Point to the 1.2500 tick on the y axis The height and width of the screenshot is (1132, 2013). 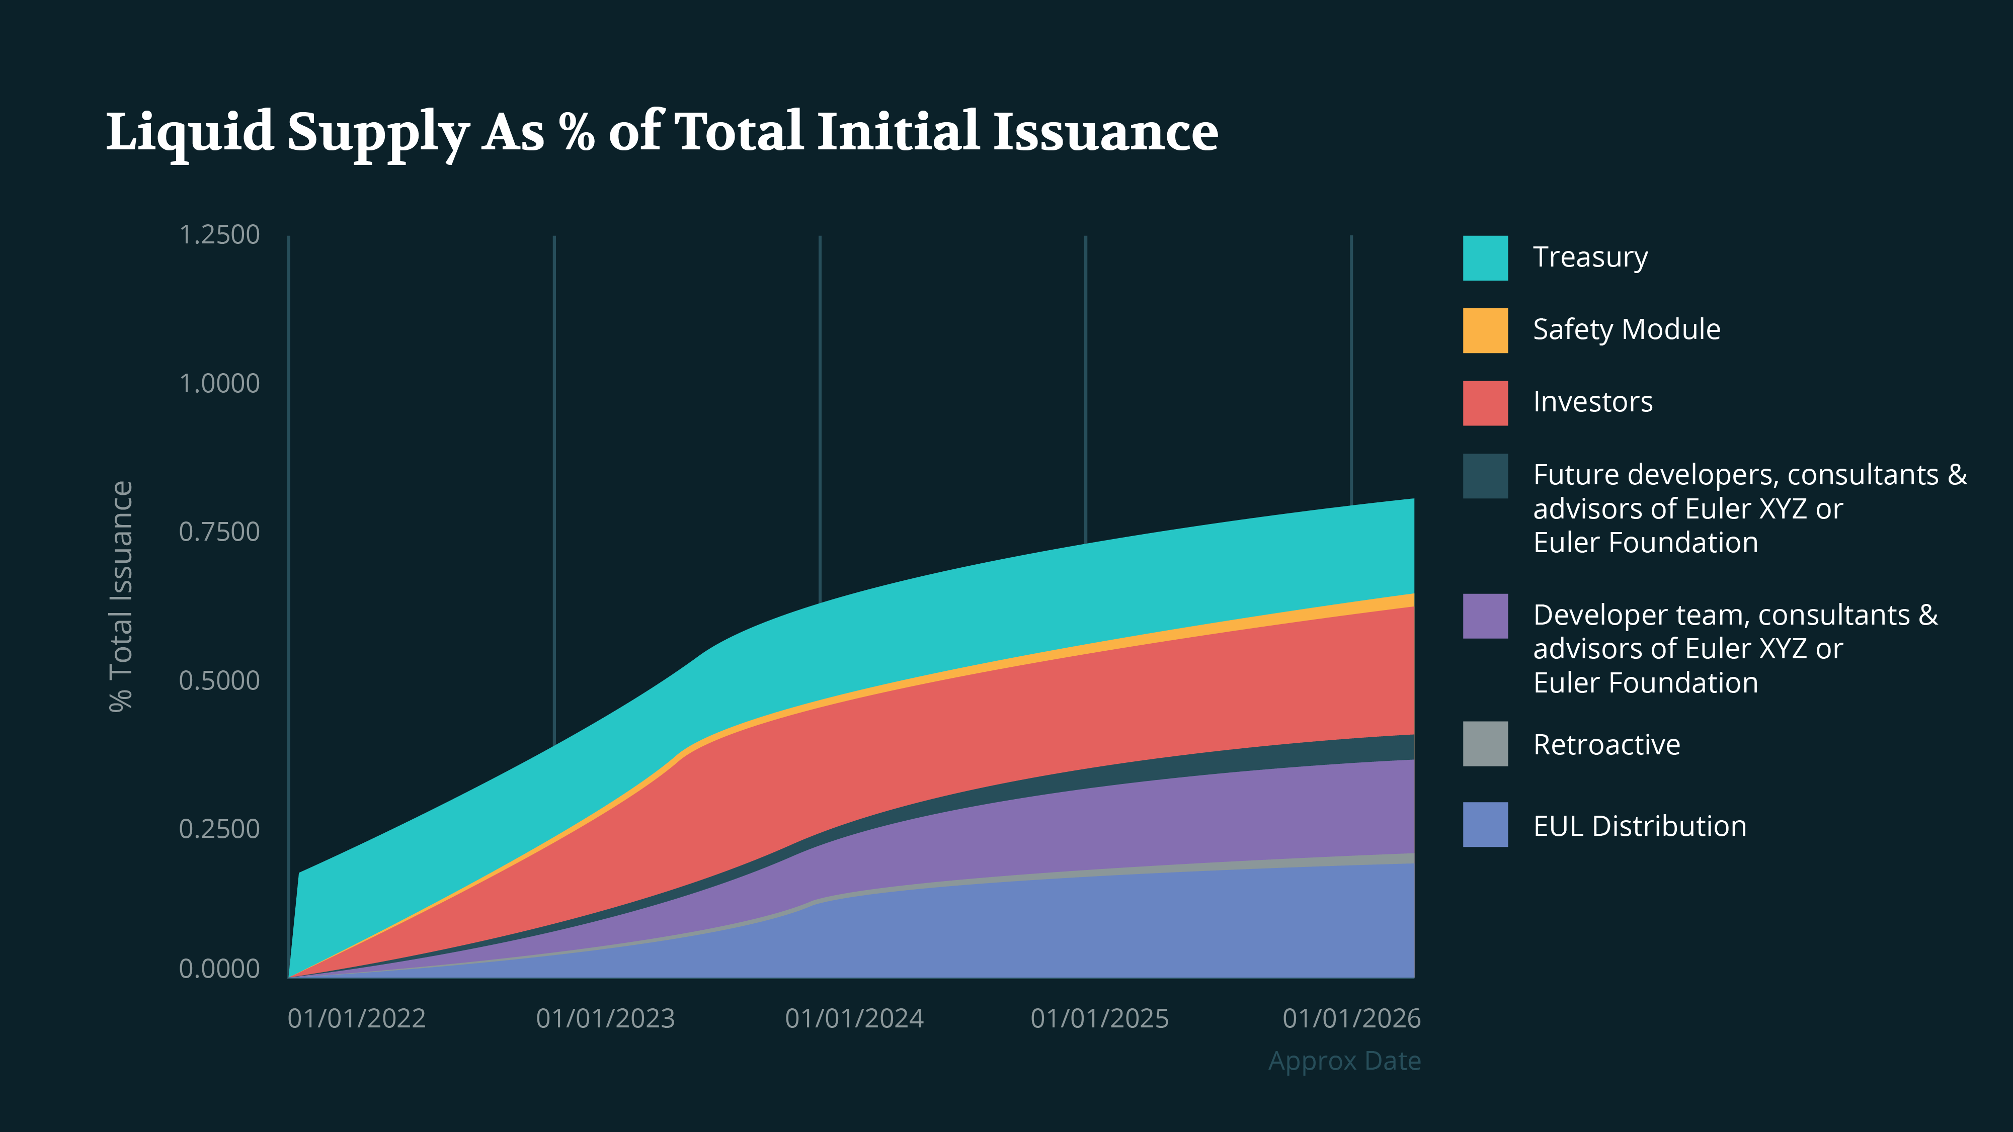click(x=219, y=235)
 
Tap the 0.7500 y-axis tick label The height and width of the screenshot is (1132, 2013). click(x=219, y=532)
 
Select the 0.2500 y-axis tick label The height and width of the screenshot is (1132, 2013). click(x=219, y=829)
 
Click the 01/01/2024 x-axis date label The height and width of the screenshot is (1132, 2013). click(x=854, y=1019)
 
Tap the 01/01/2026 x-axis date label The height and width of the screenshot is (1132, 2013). click(x=1351, y=1019)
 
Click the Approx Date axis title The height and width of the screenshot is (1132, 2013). click(x=1344, y=1061)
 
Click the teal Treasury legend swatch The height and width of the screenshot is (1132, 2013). click(x=1485, y=258)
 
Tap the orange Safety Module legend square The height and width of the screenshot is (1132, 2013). click(x=1485, y=330)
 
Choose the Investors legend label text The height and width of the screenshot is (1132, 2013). click(x=1592, y=402)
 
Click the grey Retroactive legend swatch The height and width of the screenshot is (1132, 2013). click(x=1485, y=744)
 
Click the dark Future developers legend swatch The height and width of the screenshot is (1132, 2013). click(x=1485, y=476)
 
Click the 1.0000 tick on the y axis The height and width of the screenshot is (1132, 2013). click(x=219, y=384)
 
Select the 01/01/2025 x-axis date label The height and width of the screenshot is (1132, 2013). click(x=1099, y=1019)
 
